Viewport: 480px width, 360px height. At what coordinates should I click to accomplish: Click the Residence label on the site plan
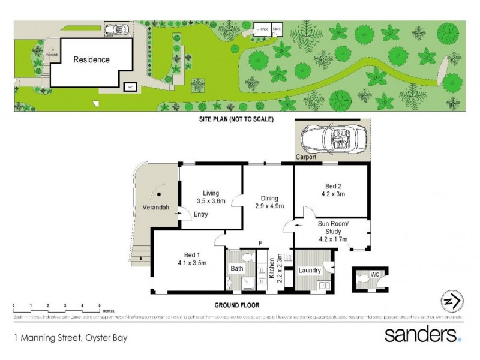(91, 59)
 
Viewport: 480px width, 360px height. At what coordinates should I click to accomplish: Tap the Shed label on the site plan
(263, 28)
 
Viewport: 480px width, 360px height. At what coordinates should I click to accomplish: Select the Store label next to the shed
(277, 28)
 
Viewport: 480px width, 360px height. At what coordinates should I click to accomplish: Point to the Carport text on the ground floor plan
(305, 157)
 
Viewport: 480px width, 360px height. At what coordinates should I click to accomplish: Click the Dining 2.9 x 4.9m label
(267, 202)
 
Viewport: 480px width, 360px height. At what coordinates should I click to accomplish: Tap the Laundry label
(309, 271)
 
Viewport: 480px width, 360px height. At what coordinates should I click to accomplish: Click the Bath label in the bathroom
(237, 268)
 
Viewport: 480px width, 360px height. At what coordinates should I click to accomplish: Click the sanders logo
(422, 334)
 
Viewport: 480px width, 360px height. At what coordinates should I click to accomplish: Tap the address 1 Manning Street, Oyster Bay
(71, 337)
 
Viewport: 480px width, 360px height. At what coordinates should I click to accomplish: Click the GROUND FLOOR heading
(237, 305)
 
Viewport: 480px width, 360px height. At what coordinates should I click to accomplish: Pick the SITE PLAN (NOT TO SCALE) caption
(236, 119)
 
